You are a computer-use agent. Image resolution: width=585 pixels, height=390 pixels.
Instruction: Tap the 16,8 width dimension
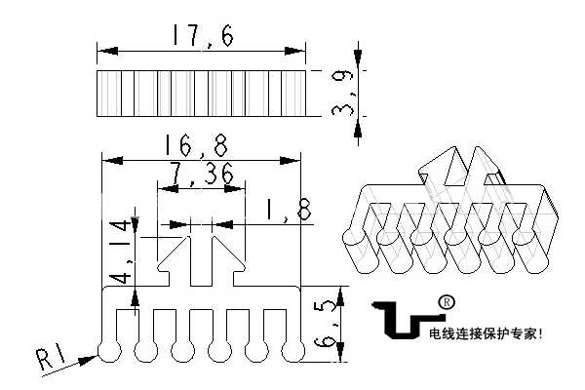(x=199, y=146)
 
